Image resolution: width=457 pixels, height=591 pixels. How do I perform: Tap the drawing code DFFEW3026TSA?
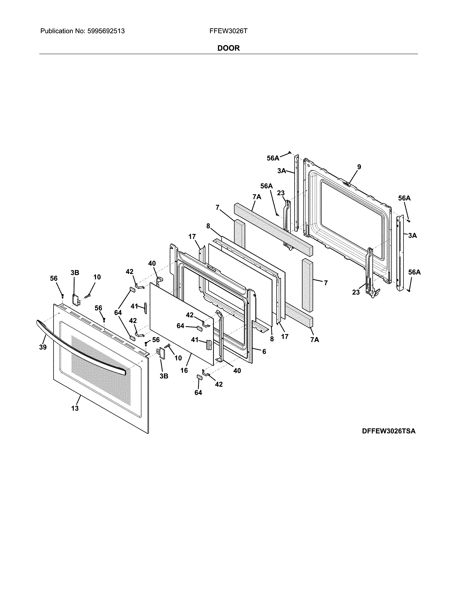click(x=389, y=431)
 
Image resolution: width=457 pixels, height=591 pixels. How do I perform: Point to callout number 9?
click(x=359, y=167)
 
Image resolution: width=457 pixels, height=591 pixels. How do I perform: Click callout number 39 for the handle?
click(x=43, y=347)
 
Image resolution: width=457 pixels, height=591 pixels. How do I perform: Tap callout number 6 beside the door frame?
click(x=264, y=352)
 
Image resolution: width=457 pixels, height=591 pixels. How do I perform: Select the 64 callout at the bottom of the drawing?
click(x=198, y=392)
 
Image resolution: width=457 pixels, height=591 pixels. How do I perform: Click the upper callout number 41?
click(x=134, y=306)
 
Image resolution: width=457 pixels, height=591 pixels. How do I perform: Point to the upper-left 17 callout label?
click(x=192, y=237)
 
